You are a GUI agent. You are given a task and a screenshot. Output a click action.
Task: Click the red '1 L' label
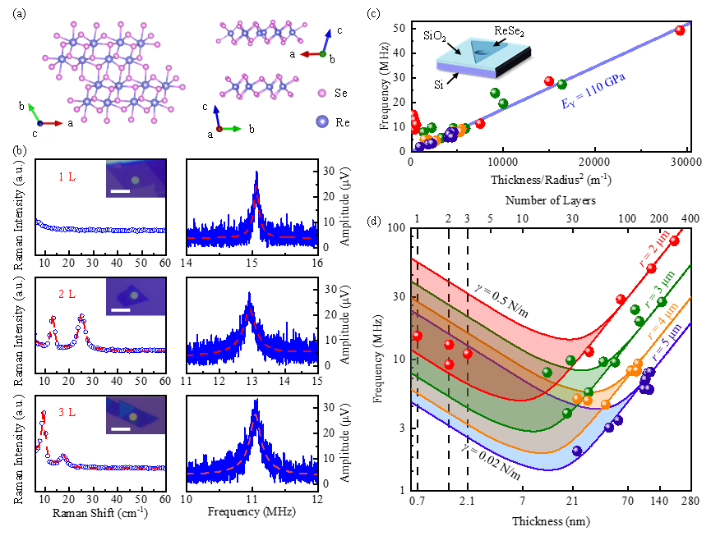point(67,176)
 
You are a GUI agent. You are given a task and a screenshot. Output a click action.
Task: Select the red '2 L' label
point(67,294)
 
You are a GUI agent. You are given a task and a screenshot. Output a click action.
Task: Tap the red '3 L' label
point(67,412)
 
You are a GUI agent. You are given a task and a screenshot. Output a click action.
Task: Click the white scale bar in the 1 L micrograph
point(120,191)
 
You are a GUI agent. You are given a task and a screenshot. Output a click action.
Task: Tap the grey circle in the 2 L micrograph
point(134,295)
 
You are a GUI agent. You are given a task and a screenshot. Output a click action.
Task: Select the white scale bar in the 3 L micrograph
point(120,428)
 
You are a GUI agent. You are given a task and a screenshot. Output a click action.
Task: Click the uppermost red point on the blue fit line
point(680,30)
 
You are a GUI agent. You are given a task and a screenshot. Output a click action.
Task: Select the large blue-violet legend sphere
point(322,121)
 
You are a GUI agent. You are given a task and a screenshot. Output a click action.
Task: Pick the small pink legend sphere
point(322,94)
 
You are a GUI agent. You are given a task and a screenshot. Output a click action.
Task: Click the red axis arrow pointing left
point(309,54)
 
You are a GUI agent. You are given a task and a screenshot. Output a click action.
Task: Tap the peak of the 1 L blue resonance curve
point(257,174)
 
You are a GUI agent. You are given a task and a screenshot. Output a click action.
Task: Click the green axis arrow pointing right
point(233,129)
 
